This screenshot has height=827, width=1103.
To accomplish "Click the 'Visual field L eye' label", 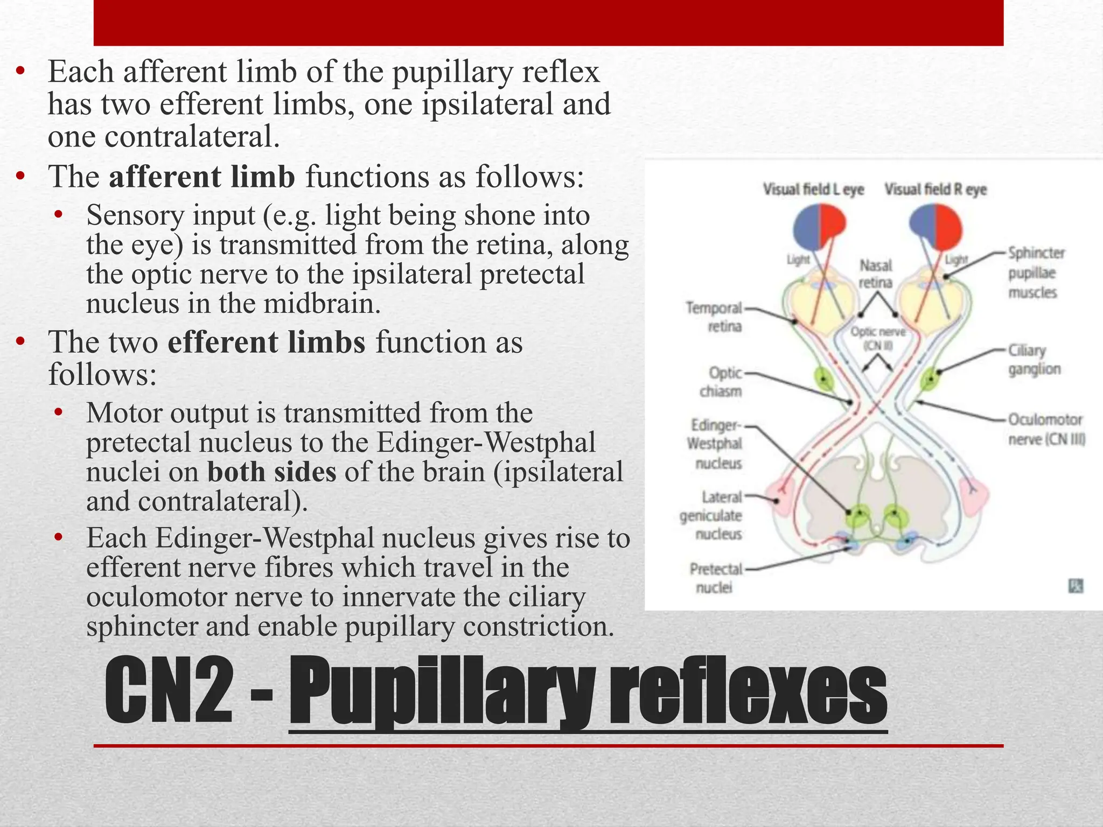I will pos(813,190).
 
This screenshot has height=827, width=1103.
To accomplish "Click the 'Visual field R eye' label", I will pos(936,190).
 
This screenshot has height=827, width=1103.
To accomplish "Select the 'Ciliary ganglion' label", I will pos(1034,360).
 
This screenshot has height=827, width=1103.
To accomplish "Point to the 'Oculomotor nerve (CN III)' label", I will pos(1046,429).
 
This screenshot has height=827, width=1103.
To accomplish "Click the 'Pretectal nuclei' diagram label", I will pos(716,578).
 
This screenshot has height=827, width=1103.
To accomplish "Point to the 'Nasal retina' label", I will pos(876,274).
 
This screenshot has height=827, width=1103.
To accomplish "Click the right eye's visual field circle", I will pos(935,226).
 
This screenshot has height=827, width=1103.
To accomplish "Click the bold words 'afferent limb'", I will pos(202,177).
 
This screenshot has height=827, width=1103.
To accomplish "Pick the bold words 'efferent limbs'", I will pos(266,342).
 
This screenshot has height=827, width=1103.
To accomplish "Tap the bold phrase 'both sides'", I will pos(272,472).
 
